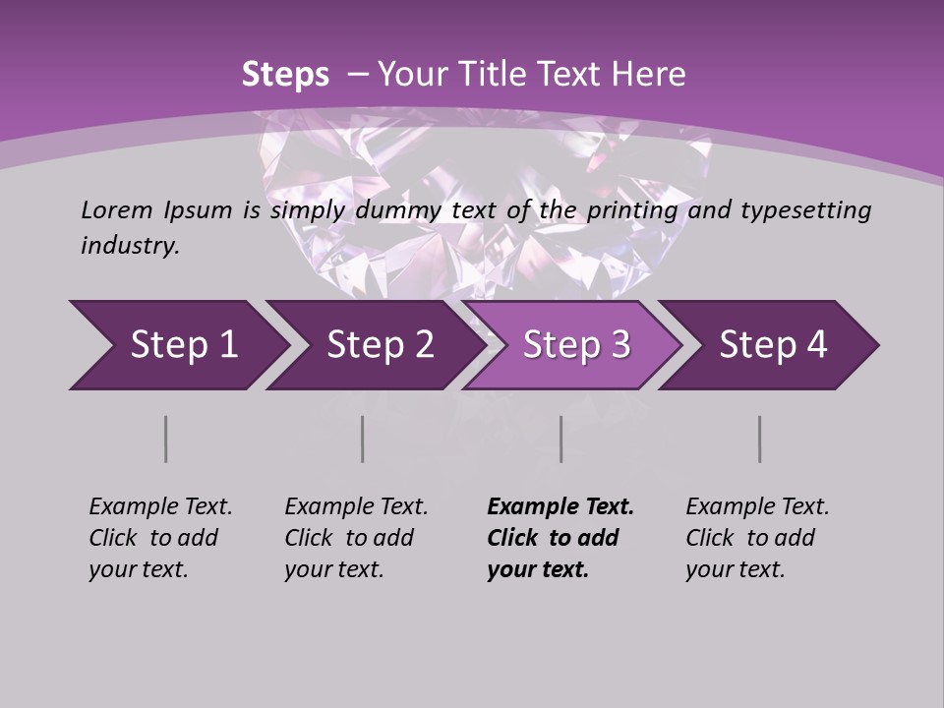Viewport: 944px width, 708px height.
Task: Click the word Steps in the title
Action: point(285,75)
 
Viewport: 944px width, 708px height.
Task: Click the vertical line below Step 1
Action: point(166,439)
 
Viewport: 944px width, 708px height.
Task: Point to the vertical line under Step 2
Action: point(363,439)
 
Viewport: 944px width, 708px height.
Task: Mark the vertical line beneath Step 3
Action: point(561,439)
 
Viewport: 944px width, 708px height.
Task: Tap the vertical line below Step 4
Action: point(760,439)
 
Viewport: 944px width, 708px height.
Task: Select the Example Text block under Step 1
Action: point(160,538)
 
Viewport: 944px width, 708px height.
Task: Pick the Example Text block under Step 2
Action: point(356,538)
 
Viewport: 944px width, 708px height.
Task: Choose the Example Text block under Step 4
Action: point(757,538)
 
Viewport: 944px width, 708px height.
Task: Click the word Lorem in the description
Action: point(116,210)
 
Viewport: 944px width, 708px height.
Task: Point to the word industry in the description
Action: point(130,246)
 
